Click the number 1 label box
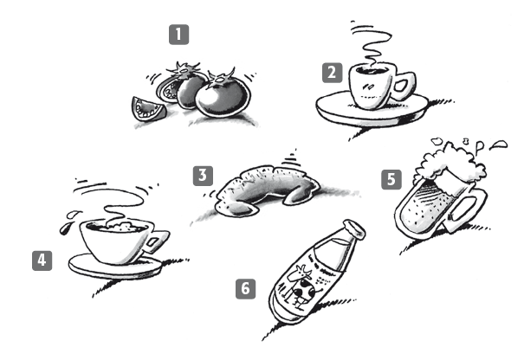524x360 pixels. tap(178, 35)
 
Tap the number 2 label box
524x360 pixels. tap(333, 73)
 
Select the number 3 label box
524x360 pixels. tap(203, 176)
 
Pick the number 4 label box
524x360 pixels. tap(42, 260)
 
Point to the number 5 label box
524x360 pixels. tap(391, 180)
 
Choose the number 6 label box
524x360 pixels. tap(246, 288)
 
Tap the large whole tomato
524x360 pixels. tap(223, 97)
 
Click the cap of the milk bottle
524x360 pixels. tap(354, 229)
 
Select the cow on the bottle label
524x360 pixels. tap(302, 286)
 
